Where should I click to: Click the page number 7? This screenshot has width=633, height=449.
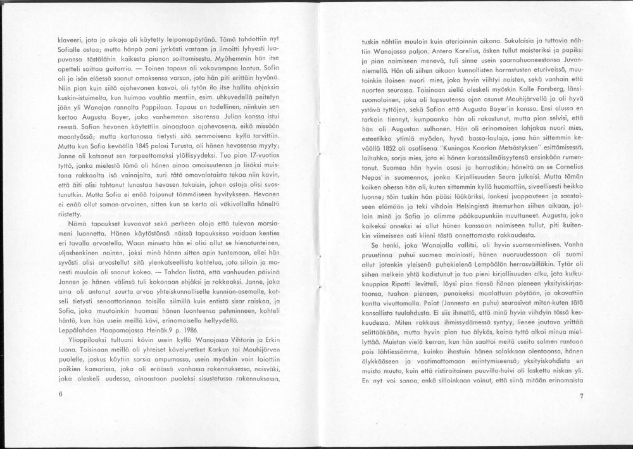pos(580,396)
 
